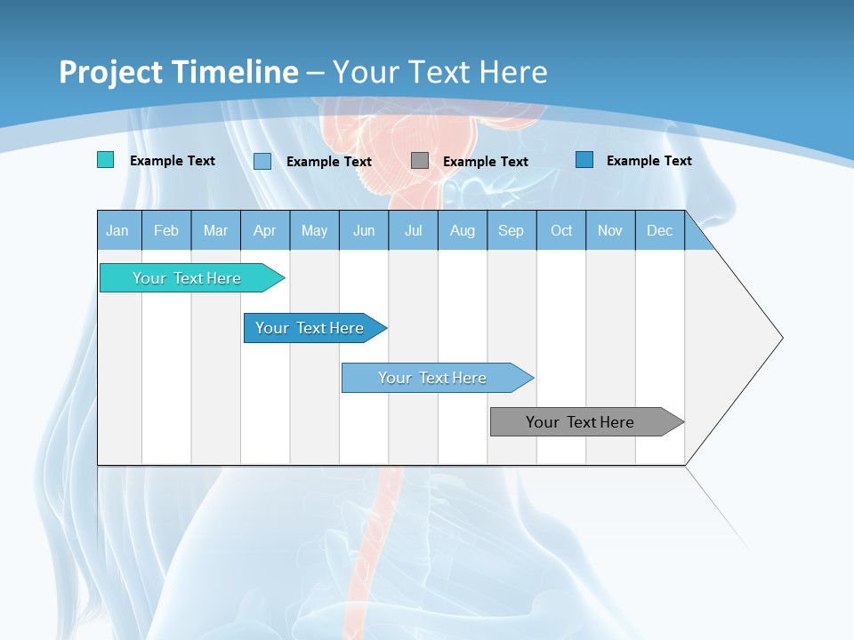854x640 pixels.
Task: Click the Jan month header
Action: pyautogui.click(x=118, y=231)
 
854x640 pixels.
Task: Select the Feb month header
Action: pyautogui.click(x=166, y=231)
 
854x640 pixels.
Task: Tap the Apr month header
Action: pyautogui.click(x=265, y=231)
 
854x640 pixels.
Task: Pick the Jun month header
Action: pyautogui.click(x=364, y=231)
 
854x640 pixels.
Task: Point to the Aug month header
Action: pyautogui.click(x=463, y=231)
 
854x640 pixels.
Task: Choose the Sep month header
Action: pyautogui.click(x=512, y=231)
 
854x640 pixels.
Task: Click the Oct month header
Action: pyautogui.click(x=561, y=231)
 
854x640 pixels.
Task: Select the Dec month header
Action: pyautogui.click(x=660, y=231)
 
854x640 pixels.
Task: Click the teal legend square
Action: pyautogui.click(x=106, y=160)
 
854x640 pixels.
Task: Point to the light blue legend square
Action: pyautogui.click(x=262, y=161)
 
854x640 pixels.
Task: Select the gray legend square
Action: pyautogui.click(x=420, y=161)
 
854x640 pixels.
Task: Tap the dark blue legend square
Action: pyautogui.click(x=584, y=160)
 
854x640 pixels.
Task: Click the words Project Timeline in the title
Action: pyautogui.click(x=179, y=72)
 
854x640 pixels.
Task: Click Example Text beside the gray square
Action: pyautogui.click(x=486, y=162)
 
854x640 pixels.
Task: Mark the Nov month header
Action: pyautogui.click(x=610, y=231)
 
